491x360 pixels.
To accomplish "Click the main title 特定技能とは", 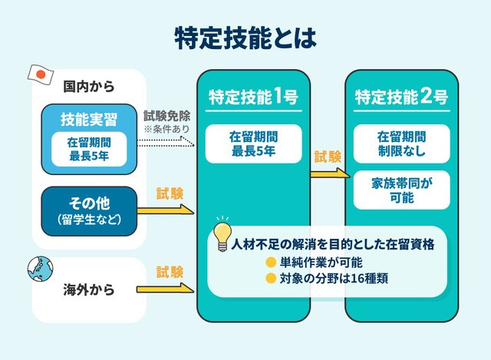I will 245,38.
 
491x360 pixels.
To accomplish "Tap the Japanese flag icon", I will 39,73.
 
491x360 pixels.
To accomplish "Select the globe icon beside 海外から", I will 40,268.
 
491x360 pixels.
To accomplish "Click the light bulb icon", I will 222,234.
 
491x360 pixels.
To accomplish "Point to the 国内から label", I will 89,86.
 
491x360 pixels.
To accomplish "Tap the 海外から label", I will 89,290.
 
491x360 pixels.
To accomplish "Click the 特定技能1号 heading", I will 253,97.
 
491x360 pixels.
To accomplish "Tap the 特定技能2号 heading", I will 400,97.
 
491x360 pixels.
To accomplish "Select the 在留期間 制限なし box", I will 400,144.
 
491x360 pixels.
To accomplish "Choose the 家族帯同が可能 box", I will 400,190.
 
